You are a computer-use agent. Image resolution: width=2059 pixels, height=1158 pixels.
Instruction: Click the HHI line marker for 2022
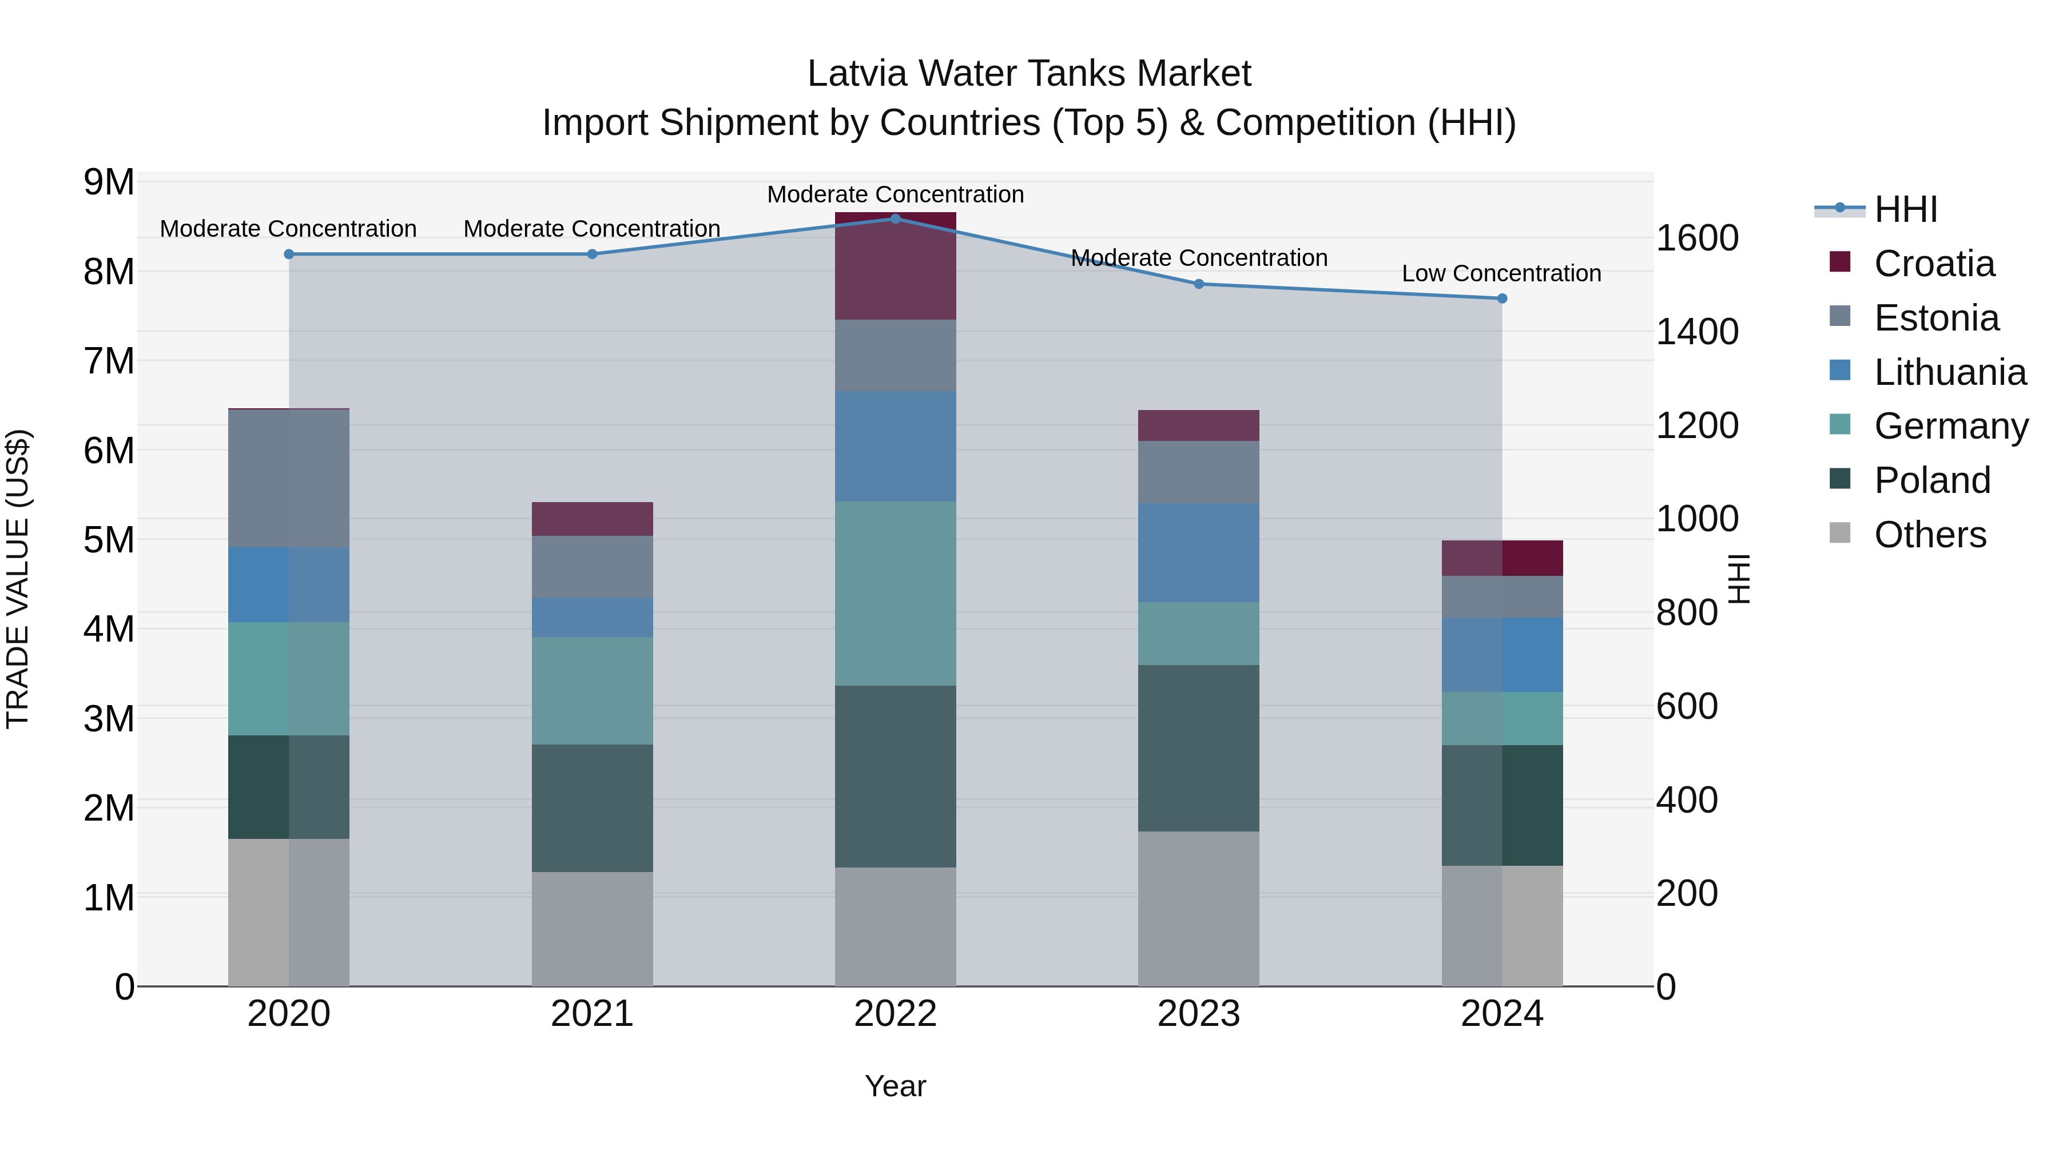click(x=895, y=219)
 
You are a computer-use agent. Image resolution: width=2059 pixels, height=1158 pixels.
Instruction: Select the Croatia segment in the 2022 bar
click(x=895, y=266)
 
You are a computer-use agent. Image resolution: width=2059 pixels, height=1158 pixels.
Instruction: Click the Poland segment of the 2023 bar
click(x=1198, y=748)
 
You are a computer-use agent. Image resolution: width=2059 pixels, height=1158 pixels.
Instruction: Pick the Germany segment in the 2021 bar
click(x=593, y=690)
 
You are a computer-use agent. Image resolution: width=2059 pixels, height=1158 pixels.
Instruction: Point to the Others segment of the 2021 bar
click(x=593, y=929)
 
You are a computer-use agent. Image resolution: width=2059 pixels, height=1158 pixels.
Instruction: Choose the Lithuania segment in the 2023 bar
click(x=1198, y=552)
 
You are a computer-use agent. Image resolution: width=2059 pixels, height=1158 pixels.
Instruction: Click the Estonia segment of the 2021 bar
click(x=593, y=567)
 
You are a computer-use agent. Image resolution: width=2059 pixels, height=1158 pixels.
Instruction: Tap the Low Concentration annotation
click(x=1501, y=273)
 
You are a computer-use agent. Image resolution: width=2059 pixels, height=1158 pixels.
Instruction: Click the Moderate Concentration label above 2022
click(x=895, y=194)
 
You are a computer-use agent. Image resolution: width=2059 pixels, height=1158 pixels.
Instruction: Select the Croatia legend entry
click(x=1934, y=264)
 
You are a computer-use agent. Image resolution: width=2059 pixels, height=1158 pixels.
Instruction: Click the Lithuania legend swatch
click(x=1840, y=371)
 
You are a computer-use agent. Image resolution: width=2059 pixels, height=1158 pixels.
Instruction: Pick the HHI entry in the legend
click(x=1906, y=209)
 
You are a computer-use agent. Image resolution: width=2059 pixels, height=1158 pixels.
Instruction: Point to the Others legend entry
click(x=1930, y=535)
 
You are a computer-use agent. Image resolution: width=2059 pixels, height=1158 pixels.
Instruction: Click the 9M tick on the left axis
click(x=109, y=182)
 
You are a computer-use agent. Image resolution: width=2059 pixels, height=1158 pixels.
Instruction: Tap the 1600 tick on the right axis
click(x=1697, y=238)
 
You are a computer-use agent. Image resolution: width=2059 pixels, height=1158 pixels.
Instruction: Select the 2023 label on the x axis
click(x=1198, y=1014)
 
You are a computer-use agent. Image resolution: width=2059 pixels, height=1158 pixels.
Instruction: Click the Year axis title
click(x=895, y=1086)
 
